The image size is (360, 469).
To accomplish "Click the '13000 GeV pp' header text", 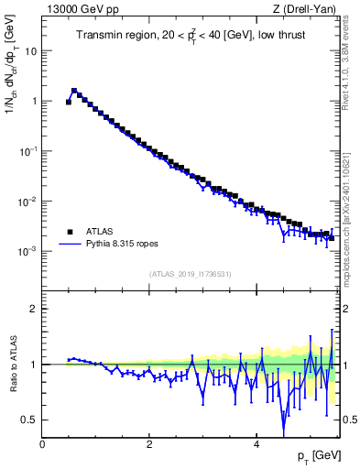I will (x=81, y=10).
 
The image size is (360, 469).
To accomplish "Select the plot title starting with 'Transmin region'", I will (x=191, y=36).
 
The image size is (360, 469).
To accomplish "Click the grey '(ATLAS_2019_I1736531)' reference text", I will (x=191, y=274).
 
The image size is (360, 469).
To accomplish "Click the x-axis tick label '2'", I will (x=149, y=444).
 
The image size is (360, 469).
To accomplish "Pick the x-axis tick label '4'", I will (x=256, y=444).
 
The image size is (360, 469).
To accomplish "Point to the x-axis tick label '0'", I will (x=43, y=444).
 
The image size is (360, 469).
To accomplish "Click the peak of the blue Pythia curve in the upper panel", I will (x=74, y=90).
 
